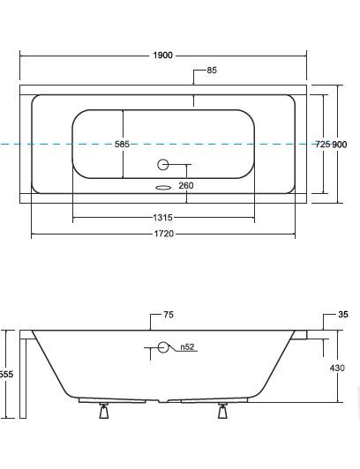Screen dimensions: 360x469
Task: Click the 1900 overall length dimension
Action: (x=162, y=56)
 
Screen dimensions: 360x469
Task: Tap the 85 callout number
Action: (x=212, y=71)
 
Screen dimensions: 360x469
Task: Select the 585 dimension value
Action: (x=122, y=145)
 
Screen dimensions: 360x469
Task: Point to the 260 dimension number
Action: (x=186, y=185)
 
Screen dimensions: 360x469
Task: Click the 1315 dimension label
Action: (x=162, y=218)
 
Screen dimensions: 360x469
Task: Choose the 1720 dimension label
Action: (x=164, y=234)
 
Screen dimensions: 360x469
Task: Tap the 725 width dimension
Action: (x=323, y=145)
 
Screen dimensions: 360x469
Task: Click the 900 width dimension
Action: (x=340, y=145)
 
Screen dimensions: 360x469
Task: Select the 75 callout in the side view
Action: (x=169, y=315)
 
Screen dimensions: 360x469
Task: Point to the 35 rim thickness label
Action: (x=343, y=315)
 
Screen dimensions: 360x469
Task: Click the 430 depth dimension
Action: (x=337, y=368)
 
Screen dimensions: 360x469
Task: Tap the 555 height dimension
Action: (x=6, y=374)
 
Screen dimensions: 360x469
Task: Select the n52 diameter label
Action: (x=187, y=347)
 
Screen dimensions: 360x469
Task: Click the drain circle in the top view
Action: (x=162, y=165)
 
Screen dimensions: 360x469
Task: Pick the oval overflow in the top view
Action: (x=163, y=188)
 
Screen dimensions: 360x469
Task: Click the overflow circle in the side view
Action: (x=163, y=347)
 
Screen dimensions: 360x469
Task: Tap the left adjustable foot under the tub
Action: (x=104, y=411)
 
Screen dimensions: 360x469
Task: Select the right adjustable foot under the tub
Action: (x=222, y=411)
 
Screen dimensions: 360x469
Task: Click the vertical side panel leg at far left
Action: (x=23, y=378)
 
